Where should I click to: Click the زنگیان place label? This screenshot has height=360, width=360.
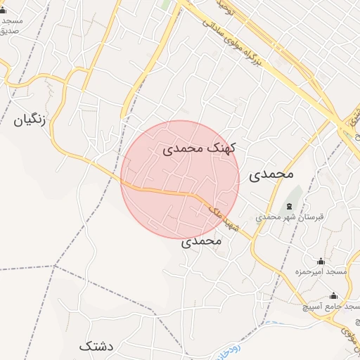click(x=29, y=120)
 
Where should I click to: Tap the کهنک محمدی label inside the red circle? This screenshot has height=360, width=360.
click(x=200, y=149)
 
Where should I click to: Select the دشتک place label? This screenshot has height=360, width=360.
click(x=96, y=346)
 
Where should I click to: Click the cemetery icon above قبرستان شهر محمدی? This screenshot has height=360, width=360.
click(x=290, y=207)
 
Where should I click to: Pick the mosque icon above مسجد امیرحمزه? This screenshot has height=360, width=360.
click(x=321, y=261)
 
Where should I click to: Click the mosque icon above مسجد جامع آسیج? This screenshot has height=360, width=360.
click(x=333, y=296)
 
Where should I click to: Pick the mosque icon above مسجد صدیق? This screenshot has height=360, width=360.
click(x=3, y=10)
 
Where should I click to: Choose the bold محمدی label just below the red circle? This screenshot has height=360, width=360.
click(x=202, y=241)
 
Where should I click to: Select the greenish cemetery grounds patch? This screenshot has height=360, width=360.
click(x=294, y=193)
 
